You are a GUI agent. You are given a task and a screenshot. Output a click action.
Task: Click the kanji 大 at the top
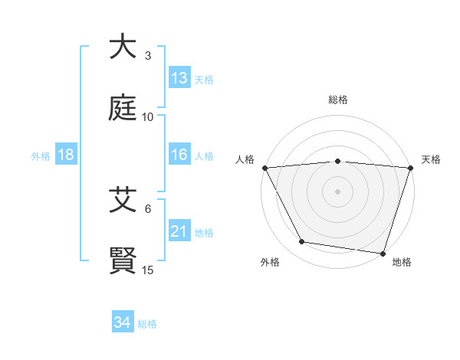pyautogui.click(x=123, y=47)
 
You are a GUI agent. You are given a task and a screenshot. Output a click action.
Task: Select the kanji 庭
pyautogui.click(x=123, y=109)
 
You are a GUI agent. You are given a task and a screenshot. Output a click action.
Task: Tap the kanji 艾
pyautogui.click(x=123, y=200)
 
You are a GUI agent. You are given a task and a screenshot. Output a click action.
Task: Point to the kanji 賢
pyautogui.click(x=123, y=261)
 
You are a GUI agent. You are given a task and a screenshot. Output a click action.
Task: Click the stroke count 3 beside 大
pyautogui.click(x=148, y=56)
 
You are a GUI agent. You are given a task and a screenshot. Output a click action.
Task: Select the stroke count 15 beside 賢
pyautogui.click(x=148, y=270)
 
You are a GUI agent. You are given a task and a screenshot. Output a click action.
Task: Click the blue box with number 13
pyautogui.click(x=179, y=78)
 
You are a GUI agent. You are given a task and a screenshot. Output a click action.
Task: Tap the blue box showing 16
pyautogui.click(x=179, y=155)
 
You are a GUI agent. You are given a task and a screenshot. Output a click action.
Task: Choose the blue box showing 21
pyautogui.click(x=179, y=231)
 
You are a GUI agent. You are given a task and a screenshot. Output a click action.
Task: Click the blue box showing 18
pyautogui.click(x=66, y=155)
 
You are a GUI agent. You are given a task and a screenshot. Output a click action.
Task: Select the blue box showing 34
pyautogui.click(x=123, y=323)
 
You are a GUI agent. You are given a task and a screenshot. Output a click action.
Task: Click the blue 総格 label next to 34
pyautogui.click(x=147, y=324)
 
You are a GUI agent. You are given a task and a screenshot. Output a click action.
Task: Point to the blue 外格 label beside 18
pyautogui.click(x=41, y=155)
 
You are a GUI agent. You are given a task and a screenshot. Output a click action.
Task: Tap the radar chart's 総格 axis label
pyautogui.click(x=338, y=100)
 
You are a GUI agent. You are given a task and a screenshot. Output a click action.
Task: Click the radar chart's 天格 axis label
pyautogui.click(x=432, y=159)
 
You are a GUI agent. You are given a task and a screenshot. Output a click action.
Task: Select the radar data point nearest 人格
pyautogui.click(x=264, y=167)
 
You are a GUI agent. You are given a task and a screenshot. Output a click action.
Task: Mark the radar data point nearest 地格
pyautogui.click(x=383, y=253)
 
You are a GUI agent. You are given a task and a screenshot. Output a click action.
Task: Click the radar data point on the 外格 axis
pyautogui.click(x=302, y=242)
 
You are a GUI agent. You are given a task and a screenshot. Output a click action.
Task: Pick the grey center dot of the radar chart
pyautogui.click(x=338, y=191)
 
